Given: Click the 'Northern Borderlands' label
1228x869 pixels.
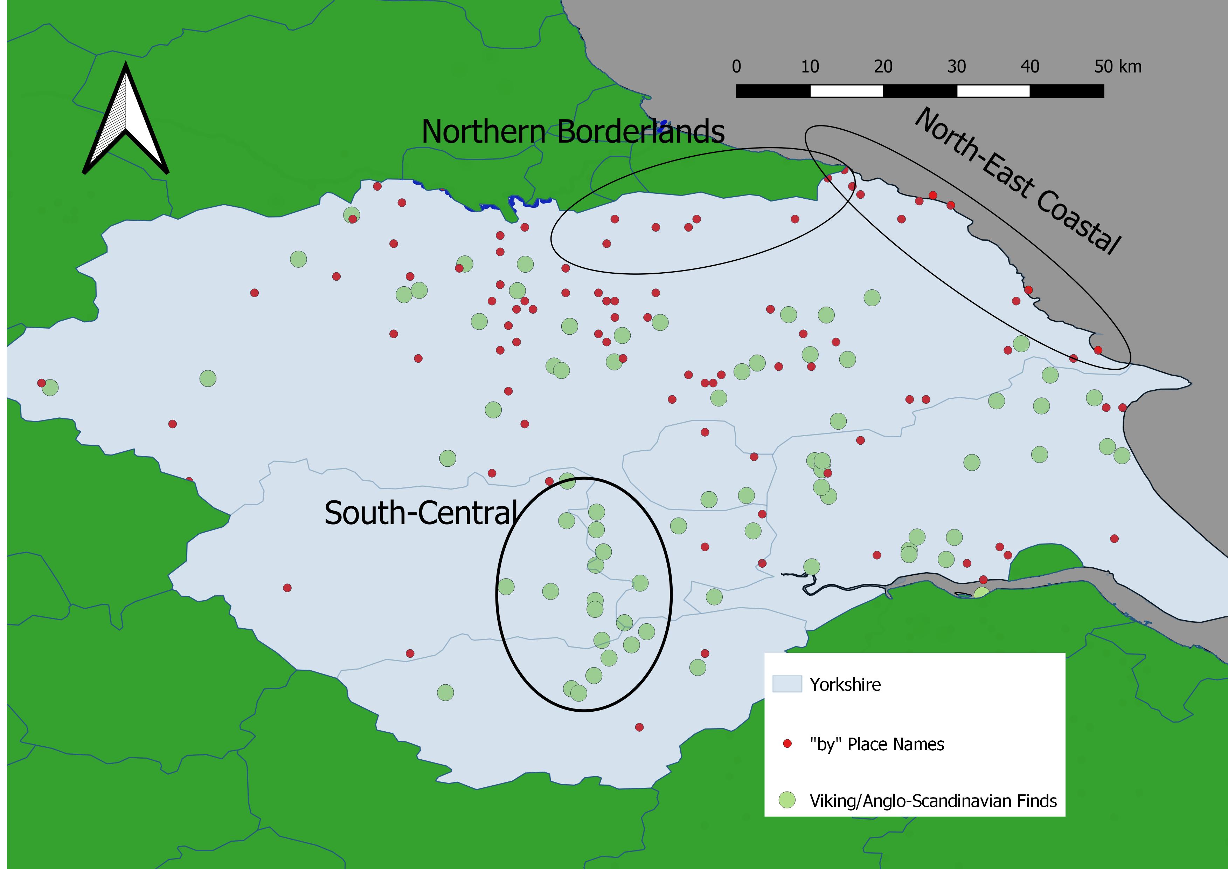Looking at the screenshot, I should (572, 132).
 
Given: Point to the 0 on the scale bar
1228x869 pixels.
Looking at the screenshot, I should (736, 67).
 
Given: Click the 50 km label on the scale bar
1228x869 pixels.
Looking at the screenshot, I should (1117, 67).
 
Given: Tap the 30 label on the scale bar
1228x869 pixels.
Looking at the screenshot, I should (956, 67).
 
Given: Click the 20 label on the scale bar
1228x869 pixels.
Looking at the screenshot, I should (883, 67).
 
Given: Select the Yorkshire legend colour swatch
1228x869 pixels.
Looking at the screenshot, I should (787, 684).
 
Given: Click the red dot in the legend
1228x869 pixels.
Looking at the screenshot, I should (787, 743).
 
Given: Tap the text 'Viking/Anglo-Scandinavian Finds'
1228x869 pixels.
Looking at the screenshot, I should (933, 801).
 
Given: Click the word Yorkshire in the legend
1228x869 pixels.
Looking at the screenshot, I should (845, 684).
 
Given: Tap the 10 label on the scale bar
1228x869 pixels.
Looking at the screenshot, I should (810, 67).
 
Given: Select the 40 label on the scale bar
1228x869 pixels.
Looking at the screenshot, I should (1029, 67).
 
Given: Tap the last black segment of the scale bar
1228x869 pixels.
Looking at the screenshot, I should (1067, 91).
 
